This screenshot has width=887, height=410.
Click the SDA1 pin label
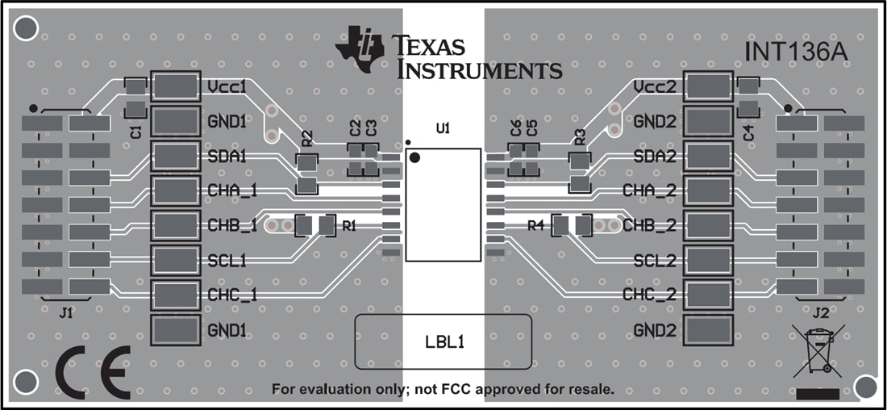pyautogui.click(x=227, y=156)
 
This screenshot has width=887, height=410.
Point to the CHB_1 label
pyautogui.click(x=231, y=225)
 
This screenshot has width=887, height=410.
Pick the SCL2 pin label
pyautogui.click(x=655, y=261)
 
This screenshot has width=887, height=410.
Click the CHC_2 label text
pyautogui.click(x=649, y=295)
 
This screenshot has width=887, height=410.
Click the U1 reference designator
pyautogui.click(x=442, y=128)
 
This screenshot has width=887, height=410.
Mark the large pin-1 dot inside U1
pyautogui.click(x=415, y=157)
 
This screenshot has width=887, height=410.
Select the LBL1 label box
pyautogui.click(x=443, y=341)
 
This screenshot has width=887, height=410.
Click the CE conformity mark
pyautogui.click(x=93, y=373)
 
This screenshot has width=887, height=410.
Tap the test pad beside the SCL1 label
pyautogui.click(x=175, y=260)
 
